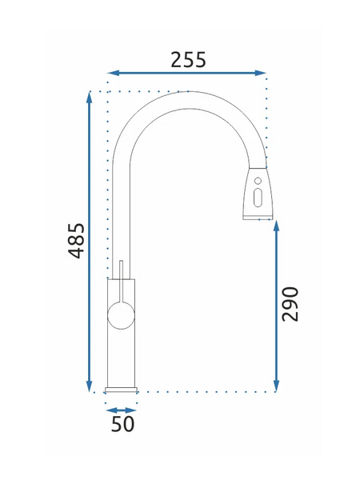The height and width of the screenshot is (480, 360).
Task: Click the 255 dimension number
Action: click(x=188, y=60)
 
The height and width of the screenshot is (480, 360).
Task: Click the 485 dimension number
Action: click(x=76, y=241)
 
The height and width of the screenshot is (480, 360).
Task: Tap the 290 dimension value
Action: click(x=290, y=304)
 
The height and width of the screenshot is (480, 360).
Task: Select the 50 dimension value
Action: click(x=122, y=424)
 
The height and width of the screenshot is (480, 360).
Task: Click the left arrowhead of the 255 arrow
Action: click(x=113, y=73)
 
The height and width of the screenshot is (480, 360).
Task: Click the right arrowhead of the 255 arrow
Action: click(x=260, y=73)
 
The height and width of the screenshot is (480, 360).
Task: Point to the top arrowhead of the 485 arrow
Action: click(x=89, y=97)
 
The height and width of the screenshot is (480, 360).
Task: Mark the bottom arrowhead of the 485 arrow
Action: click(x=89, y=386)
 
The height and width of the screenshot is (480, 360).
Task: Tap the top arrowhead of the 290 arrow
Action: click(x=276, y=226)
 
